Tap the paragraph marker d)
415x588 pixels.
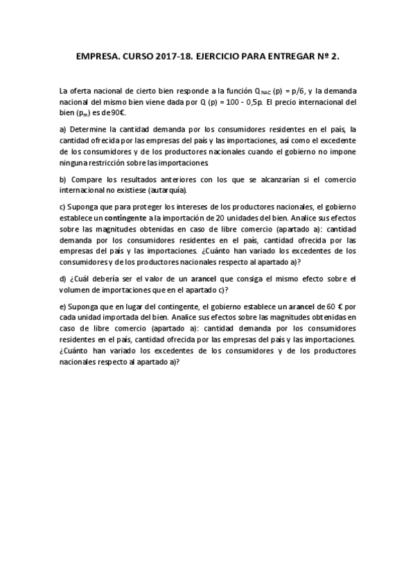pyautogui.click(x=64, y=278)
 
